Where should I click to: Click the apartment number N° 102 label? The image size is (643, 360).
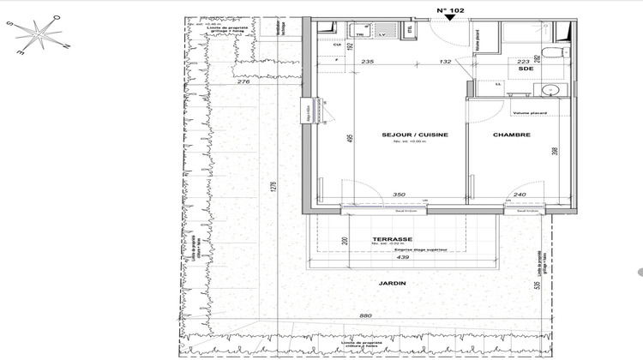(x=451, y=11)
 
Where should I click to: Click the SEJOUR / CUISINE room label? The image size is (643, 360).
(x=416, y=135)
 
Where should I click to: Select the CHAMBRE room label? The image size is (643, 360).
(x=511, y=135)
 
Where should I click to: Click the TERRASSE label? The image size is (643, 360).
(x=393, y=239)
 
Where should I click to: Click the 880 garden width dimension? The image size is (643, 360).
(x=365, y=316)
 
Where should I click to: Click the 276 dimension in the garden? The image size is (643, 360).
(x=243, y=81)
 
